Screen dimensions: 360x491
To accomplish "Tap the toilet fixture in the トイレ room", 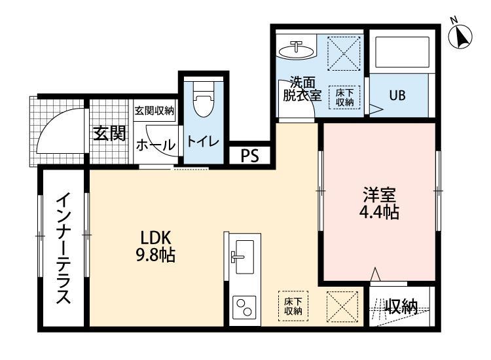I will [203, 102].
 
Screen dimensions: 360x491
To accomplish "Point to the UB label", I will [397, 96].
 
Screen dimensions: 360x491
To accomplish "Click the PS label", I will [249, 156].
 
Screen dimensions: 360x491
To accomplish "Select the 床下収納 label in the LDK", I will [292, 306].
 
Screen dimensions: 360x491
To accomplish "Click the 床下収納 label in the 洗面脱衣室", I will [345, 98].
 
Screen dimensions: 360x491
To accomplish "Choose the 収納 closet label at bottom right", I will [401, 306].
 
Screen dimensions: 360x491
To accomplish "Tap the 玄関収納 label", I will [155, 110].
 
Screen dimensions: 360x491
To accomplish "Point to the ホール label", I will [155, 145].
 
